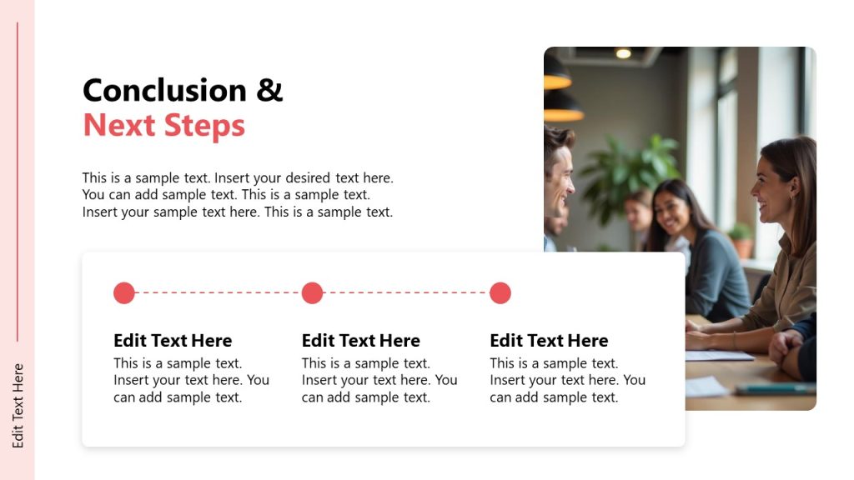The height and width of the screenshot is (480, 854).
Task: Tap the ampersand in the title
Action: (x=269, y=90)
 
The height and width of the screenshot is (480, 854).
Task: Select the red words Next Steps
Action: (x=164, y=126)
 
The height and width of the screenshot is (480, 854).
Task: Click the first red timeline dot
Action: (x=124, y=293)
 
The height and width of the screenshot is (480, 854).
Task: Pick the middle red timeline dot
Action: (x=312, y=293)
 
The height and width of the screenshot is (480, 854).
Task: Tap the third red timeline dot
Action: (x=500, y=293)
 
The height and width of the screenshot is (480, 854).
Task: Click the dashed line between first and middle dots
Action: (x=218, y=293)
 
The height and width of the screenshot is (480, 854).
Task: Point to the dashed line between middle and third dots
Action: (x=406, y=293)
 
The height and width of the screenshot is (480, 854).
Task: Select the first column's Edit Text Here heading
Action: (x=173, y=341)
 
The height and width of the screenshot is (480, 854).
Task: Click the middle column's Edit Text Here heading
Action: (x=360, y=341)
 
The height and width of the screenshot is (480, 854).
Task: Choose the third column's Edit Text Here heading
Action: (x=549, y=341)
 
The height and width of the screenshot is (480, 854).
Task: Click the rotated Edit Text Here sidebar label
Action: (x=18, y=406)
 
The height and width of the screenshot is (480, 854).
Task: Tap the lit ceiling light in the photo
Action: (x=623, y=53)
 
